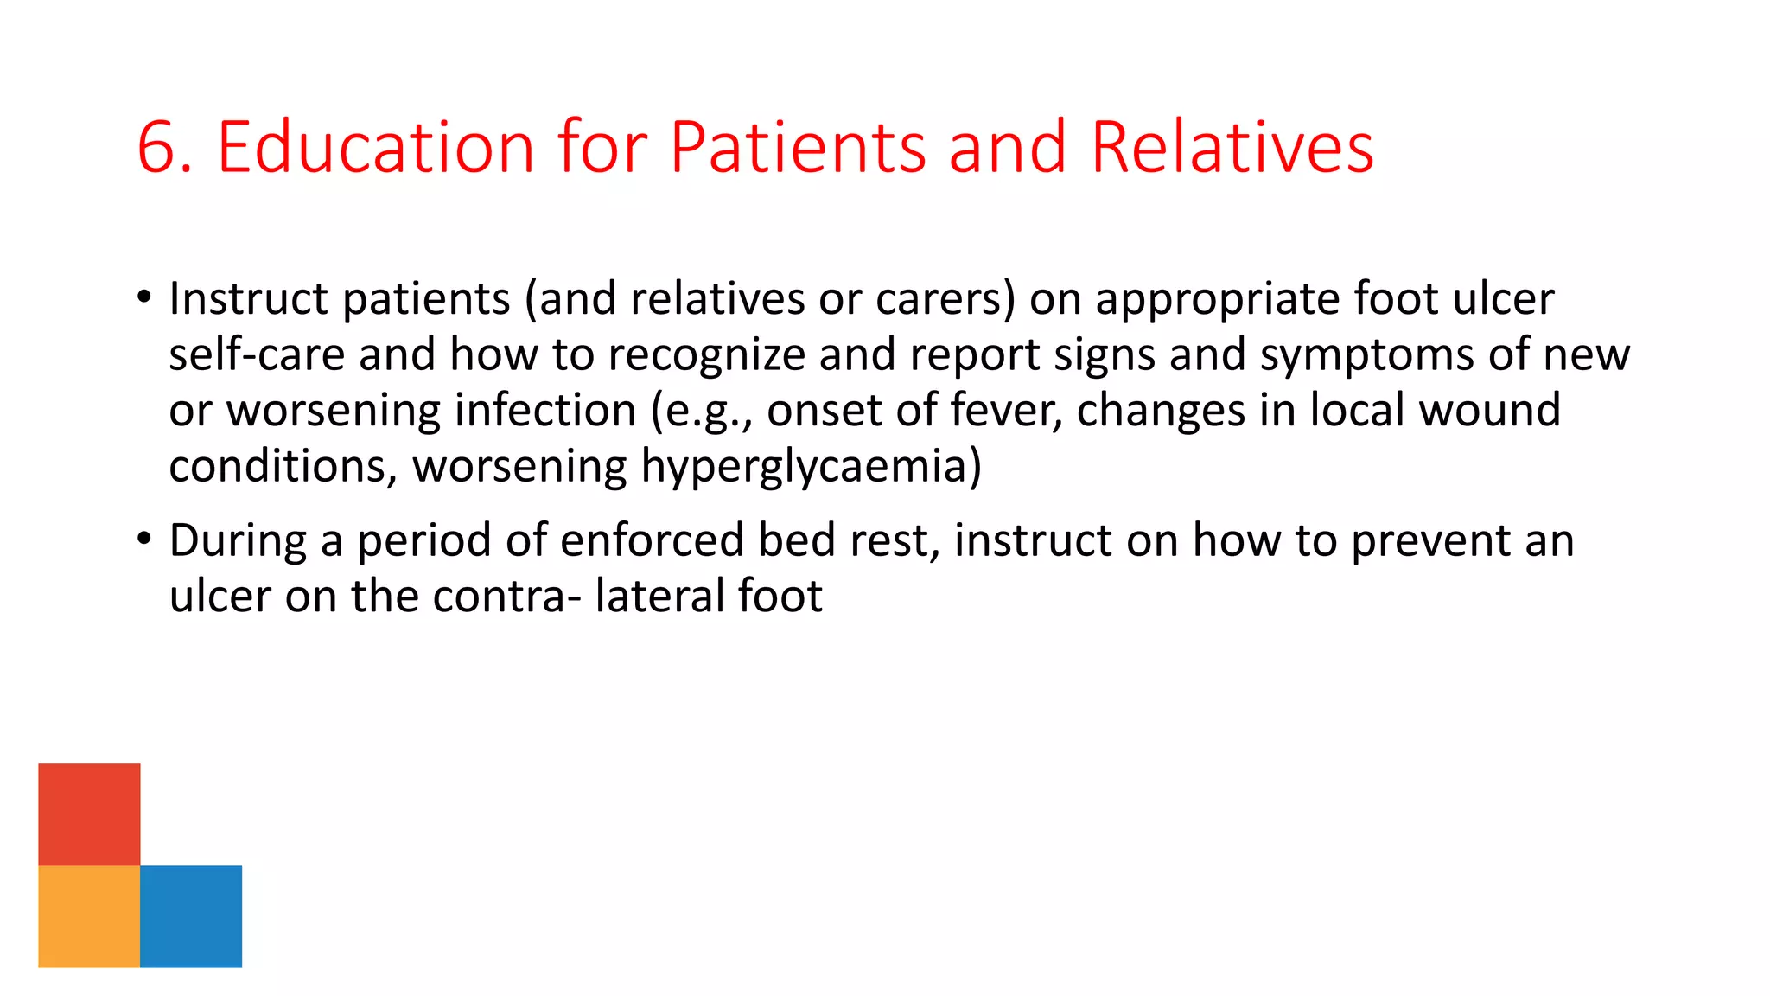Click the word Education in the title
point(376,147)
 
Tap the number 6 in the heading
point(156,149)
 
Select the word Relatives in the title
point(1232,147)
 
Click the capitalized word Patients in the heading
point(798,147)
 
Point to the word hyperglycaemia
point(811,468)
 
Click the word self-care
point(257,355)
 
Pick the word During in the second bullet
point(238,541)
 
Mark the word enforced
point(652,540)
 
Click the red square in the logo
point(89,814)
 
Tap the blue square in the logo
point(191,916)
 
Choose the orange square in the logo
point(89,916)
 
